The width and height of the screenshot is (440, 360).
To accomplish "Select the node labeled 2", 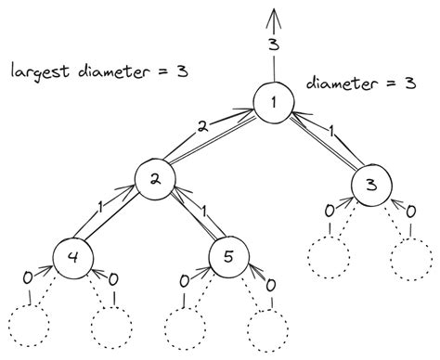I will tap(155, 181).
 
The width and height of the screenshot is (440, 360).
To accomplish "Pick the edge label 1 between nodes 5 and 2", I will tap(202, 210).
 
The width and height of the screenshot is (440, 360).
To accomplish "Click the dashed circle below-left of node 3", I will tap(328, 258).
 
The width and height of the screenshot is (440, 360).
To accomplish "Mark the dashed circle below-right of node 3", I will tap(411, 259).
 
